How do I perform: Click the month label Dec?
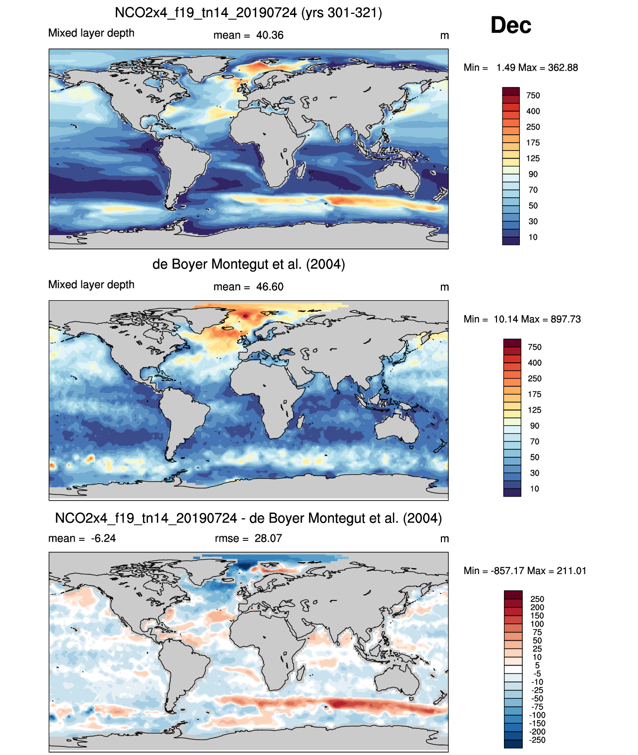[x=510, y=25]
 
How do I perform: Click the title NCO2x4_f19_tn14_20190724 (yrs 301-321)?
[x=248, y=12]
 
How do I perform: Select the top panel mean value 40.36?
[x=270, y=35]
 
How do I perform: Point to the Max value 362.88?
[x=563, y=68]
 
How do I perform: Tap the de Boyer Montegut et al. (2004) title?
[x=248, y=264]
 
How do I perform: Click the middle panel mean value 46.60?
[x=270, y=287]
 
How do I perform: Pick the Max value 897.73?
[x=565, y=319]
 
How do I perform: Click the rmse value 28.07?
[x=268, y=538]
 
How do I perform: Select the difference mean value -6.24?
[x=103, y=538]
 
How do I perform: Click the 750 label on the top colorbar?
[x=533, y=95]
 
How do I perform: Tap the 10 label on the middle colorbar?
[x=534, y=489]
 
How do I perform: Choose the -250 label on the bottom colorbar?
[x=537, y=740]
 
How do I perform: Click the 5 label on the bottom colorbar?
[x=537, y=666]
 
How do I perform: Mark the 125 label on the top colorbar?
[x=533, y=159]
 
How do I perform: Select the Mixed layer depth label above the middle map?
[x=91, y=284]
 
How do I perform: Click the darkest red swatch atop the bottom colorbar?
[x=513, y=595]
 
